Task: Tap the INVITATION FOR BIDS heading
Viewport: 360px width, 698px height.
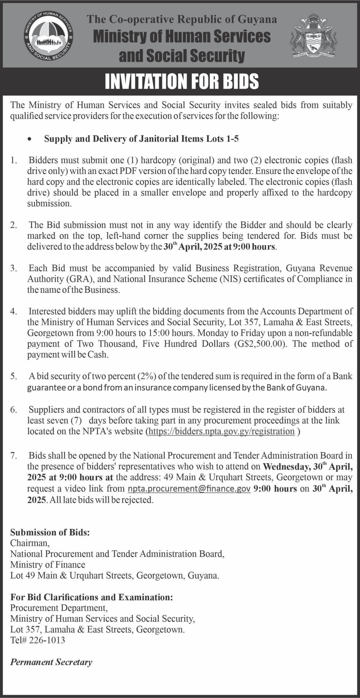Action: click(182, 81)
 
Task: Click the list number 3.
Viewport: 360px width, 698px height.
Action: click(13, 268)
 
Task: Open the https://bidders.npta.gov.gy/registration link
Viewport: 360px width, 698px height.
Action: click(222, 431)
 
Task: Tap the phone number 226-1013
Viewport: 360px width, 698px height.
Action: click(48, 640)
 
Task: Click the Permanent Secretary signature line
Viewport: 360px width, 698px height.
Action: click(51, 662)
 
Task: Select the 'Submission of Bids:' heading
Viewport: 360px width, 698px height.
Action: click(50, 532)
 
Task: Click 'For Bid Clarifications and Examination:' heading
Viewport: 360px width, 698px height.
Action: click(91, 597)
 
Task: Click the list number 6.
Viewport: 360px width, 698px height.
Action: click(13, 410)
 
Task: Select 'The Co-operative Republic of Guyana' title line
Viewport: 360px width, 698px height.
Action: click(182, 19)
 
